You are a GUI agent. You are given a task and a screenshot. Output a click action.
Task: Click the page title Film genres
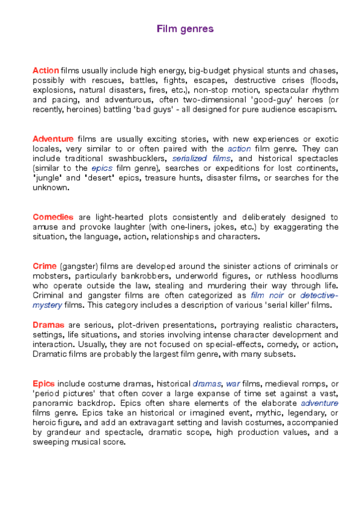[x=185, y=29]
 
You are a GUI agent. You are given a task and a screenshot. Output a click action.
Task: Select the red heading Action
[x=46, y=71]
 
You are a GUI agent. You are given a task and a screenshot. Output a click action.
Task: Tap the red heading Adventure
[x=53, y=139]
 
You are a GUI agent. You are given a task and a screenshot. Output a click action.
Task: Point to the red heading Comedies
[x=53, y=217]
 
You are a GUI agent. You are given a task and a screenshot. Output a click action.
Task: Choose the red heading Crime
[x=44, y=266]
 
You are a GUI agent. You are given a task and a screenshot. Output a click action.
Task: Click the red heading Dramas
[x=48, y=325]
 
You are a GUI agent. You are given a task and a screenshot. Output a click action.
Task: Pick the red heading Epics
[x=43, y=383]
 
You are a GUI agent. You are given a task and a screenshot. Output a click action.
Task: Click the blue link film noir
[x=265, y=295]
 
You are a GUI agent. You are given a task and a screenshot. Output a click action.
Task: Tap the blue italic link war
[x=233, y=383]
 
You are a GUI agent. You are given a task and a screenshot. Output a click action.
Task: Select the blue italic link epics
[x=102, y=168]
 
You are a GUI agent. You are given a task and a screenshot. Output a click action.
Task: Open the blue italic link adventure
[x=319, y=403]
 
